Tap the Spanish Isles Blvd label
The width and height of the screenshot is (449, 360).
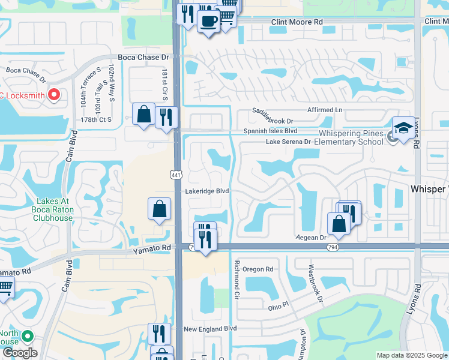[x=270, y=131]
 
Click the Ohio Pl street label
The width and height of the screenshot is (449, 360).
[x=278, y=307]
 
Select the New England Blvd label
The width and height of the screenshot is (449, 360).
[x=210, y=329]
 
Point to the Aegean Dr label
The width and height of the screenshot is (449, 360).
[x=310, y=238]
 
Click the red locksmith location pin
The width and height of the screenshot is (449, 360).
[x=54, y=95]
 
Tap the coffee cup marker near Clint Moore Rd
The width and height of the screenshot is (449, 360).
[x=208, y=22]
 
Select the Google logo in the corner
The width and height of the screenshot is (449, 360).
[x=19, y=353]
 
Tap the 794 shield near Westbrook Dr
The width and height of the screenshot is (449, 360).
[x=332, y=247]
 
